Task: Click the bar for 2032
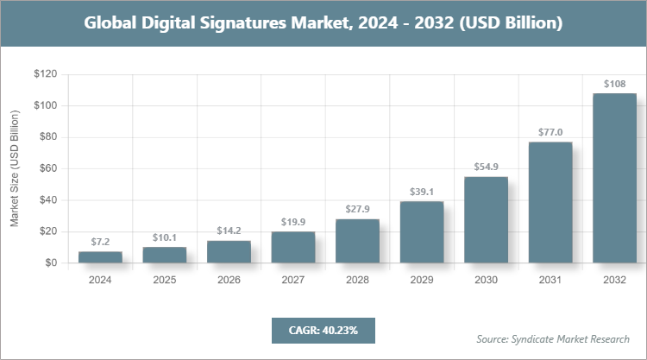[614, 178]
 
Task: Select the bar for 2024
[100, 256]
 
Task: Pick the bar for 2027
[293, 247]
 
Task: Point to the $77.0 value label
[550, 132]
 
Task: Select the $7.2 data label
[100, 242]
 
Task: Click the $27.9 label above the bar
[357, 210]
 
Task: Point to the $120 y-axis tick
[45, 74]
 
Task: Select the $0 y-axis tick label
[51, 262]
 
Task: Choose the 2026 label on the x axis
[229, 280]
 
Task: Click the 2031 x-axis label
[550, 280]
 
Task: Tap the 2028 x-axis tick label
[357, 280]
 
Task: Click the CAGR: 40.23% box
[323, 330]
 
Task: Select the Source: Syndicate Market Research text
[552, 338]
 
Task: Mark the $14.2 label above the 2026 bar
[229, 231]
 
